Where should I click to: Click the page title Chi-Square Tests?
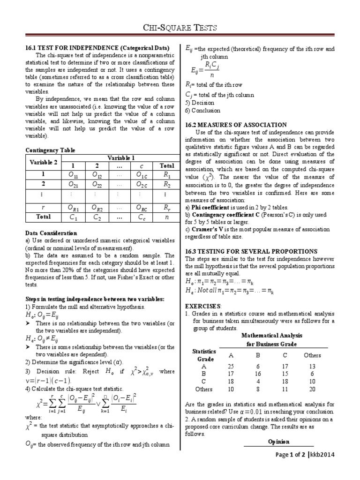click(x=180, y=28)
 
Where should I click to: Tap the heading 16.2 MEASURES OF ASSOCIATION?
click(x=235, y=125)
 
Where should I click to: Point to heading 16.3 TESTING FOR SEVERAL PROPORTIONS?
click(x=252, y=251)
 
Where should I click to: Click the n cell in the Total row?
click(x=167, y=217)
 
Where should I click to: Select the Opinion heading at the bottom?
click(x=278, y=442)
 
